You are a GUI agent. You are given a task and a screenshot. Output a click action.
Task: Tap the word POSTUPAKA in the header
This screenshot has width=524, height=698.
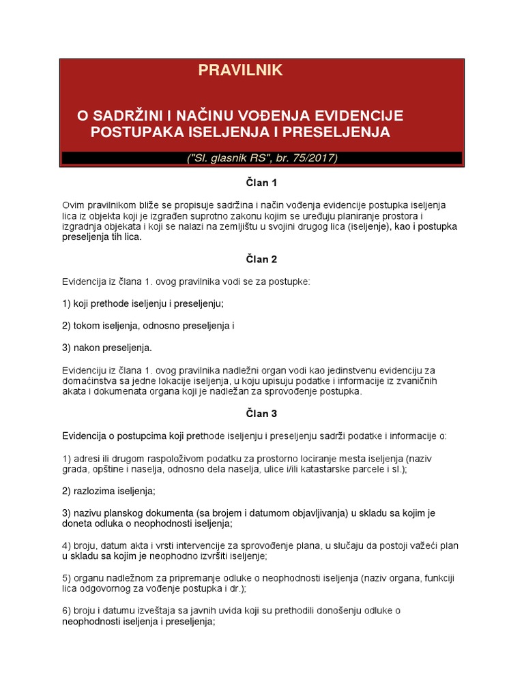point(139,132)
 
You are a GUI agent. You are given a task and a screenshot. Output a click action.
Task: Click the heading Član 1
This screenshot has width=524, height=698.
point(261,183)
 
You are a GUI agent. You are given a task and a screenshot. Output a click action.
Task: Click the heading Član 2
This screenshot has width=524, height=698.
point(261,259)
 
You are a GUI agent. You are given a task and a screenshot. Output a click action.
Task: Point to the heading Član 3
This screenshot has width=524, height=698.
point(261,413)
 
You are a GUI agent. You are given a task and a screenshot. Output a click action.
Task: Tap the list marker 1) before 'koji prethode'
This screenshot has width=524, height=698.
point(67,303)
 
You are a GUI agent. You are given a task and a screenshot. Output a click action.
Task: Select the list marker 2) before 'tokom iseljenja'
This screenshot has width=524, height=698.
point(67,326)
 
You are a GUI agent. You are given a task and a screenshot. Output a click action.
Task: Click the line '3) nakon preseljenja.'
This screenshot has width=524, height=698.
point(107,348)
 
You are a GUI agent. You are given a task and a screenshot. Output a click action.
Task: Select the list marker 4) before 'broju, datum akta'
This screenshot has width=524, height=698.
point(67,545)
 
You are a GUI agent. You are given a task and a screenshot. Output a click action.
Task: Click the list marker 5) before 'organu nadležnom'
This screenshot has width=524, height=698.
point(67,578)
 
